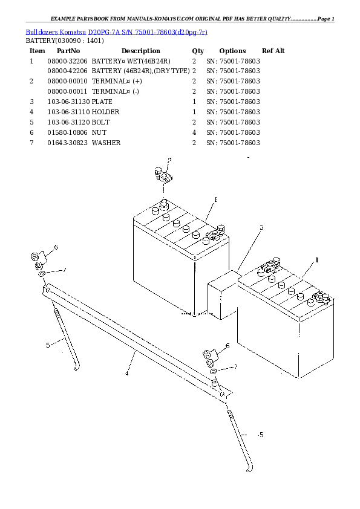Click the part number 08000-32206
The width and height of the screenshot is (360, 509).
tap(67, 61)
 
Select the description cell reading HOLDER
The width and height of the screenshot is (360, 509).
tap(105, 112)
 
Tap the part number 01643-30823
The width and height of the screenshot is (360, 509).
tap(67, 143)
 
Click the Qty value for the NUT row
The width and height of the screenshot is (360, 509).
tap(194, 132)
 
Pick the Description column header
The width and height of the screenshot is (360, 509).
tap(141, 51)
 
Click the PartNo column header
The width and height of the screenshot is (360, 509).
tap(68, 51)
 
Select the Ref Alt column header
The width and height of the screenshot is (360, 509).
tap(273, 51)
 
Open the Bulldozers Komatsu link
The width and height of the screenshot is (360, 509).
tap(56, 32)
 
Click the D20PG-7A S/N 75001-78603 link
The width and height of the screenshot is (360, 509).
tap(148, 32)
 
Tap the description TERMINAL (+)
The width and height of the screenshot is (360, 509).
tap(117, 81)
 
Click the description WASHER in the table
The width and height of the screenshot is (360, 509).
tap(106, 143)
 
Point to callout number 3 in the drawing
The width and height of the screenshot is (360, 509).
tap(261, 227)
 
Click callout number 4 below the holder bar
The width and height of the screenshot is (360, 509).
tap(126, 374)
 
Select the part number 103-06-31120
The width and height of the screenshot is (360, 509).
tap(68, 122)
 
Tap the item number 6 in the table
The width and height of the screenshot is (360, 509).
tap(31, 132)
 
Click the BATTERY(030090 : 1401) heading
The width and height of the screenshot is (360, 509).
tap(65, 41)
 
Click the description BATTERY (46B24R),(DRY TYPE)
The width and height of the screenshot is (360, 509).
tap(141, 71)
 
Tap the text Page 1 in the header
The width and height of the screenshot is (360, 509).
tap(326, 19)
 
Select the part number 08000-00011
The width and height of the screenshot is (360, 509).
tap(67, 91)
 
